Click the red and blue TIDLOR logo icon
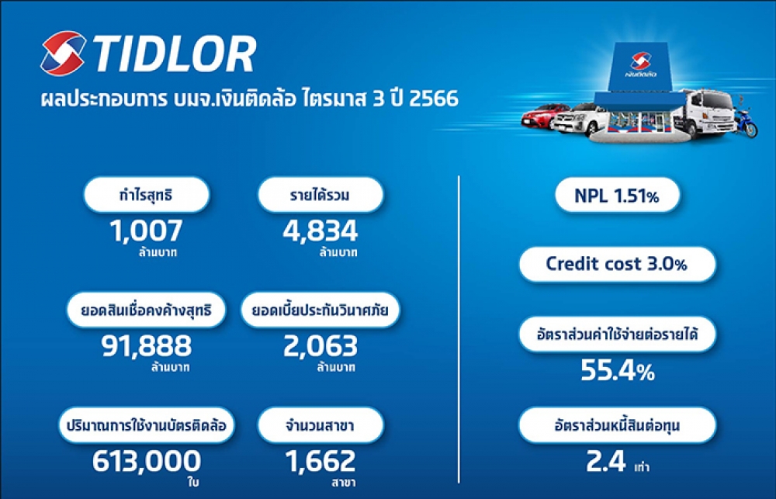pos(63,54)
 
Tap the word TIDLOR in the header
pos(174,54)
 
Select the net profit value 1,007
pos(146,230)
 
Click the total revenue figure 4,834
pos(320,230)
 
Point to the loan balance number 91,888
pos(147,346)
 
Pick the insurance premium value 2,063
pos(320,346)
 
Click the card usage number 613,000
pos(147,462)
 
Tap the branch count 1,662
pos(320,462)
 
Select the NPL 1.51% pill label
pos(617,196)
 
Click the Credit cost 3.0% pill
pos(617,264)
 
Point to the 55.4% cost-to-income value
pos(617,370)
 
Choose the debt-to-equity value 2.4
pos(606,462)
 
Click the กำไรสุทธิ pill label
pos(146,195)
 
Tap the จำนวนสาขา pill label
pos(320,425)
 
